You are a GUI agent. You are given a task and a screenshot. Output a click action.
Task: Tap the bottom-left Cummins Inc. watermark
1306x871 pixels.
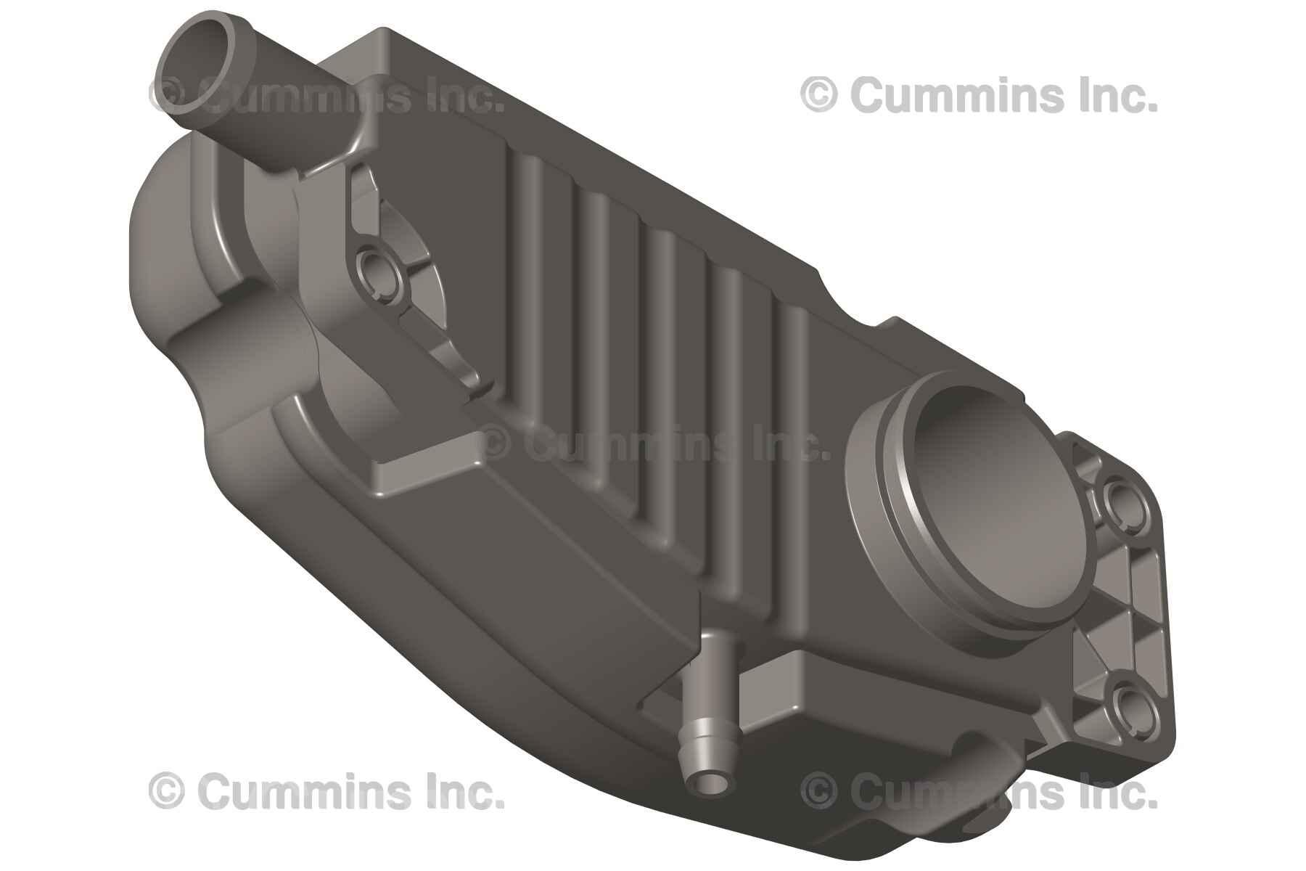pos(326,790)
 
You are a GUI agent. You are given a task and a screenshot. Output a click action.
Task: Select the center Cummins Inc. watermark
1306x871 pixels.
pos(653,444)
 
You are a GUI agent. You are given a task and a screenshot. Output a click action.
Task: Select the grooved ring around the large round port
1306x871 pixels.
pos(882,508)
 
